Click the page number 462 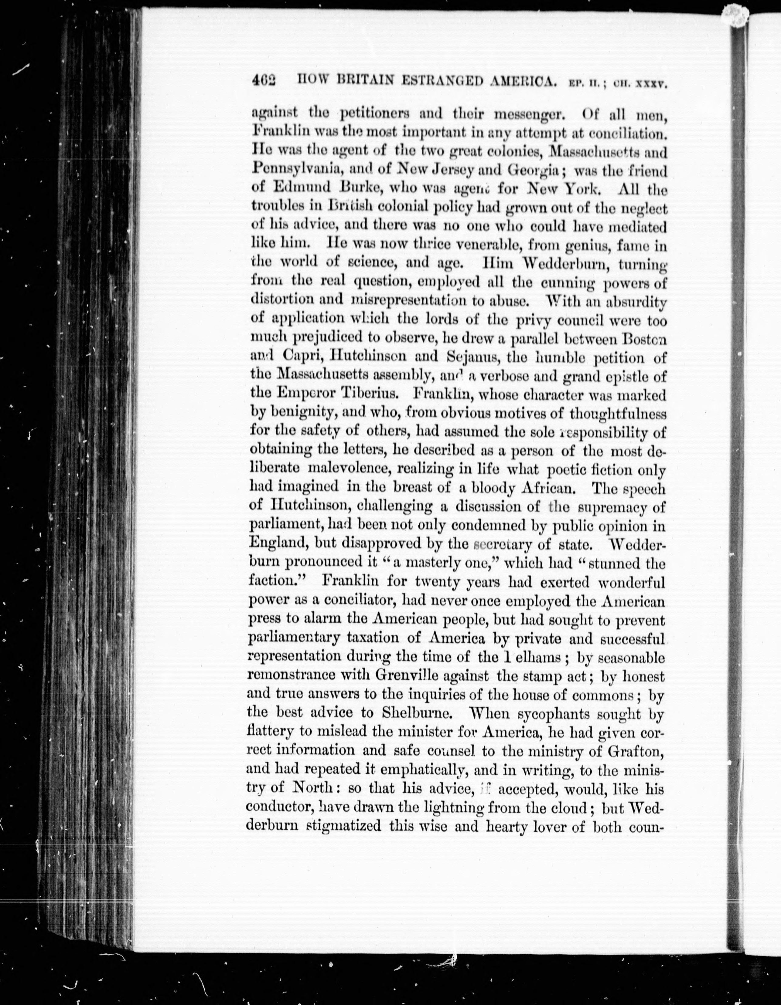coord(263,81)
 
